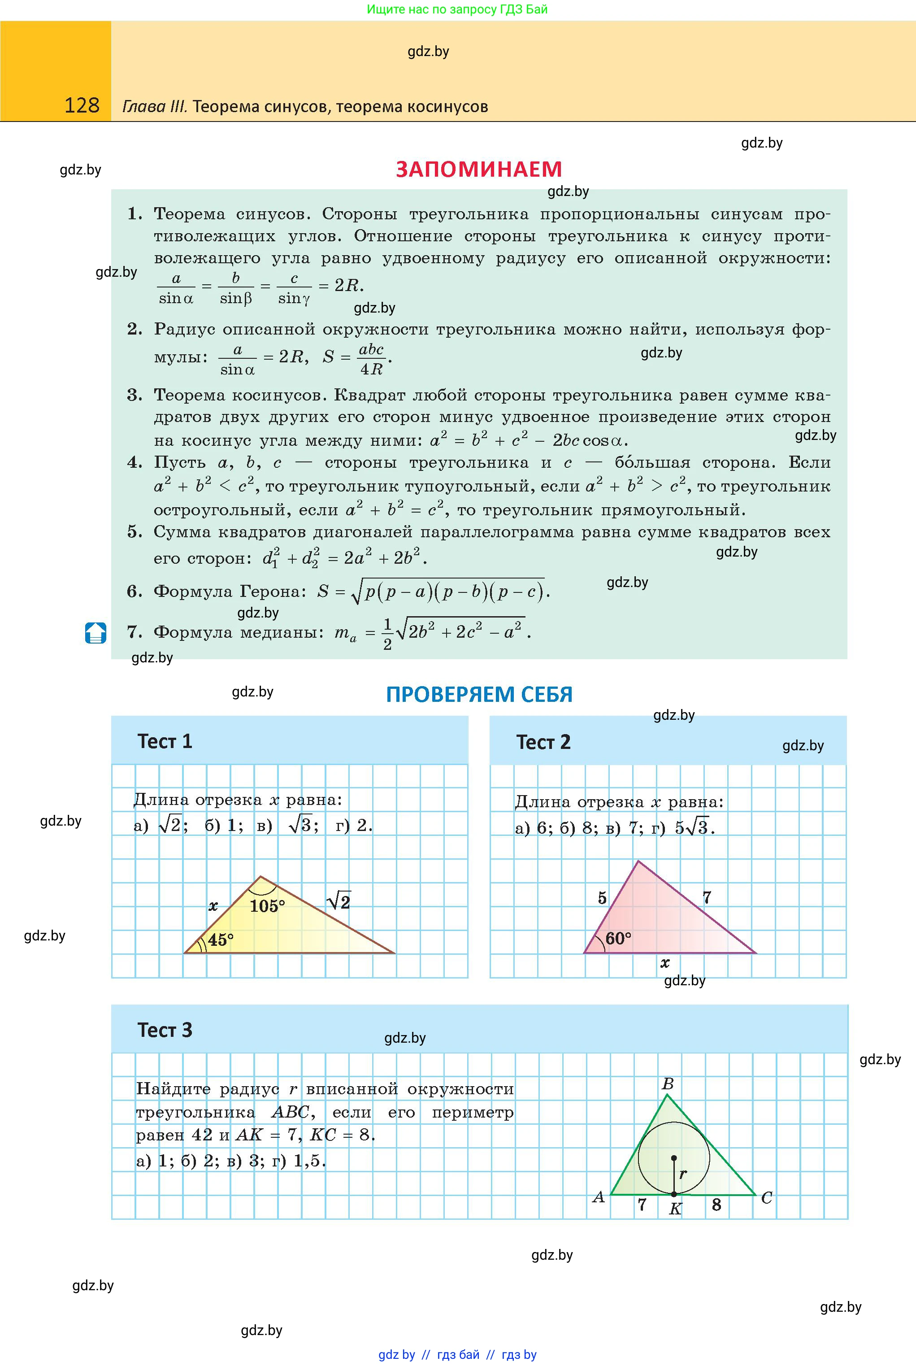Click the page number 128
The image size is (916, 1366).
(x=82, y=105)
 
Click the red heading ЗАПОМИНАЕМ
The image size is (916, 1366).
(x=478, y=170)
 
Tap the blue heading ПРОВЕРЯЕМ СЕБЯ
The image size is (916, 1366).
(x=479, y=694)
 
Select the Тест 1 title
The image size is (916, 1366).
(x=165, y=741)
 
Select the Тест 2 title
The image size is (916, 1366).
(x=543, y=742)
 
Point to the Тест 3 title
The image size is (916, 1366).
(x=165, y=1030)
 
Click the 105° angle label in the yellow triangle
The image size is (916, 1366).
(x=267, y=906)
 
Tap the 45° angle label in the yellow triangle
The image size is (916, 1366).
(x=220, y=940)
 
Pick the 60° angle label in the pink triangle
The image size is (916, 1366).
(x=618, y=939)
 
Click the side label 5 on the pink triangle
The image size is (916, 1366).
(x=602, y=898)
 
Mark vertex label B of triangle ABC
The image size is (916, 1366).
(x=668, y=1084)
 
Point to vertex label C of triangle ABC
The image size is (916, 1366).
(x=766, y=1198)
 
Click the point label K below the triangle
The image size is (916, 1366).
(x=675, y=1209)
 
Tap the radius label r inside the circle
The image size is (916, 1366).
(x=683, y=1173)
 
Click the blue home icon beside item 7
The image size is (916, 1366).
(x=96, y=633)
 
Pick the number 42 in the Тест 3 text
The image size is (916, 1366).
(x=202, y=1135)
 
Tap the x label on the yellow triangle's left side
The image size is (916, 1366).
(x=213, y=907)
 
